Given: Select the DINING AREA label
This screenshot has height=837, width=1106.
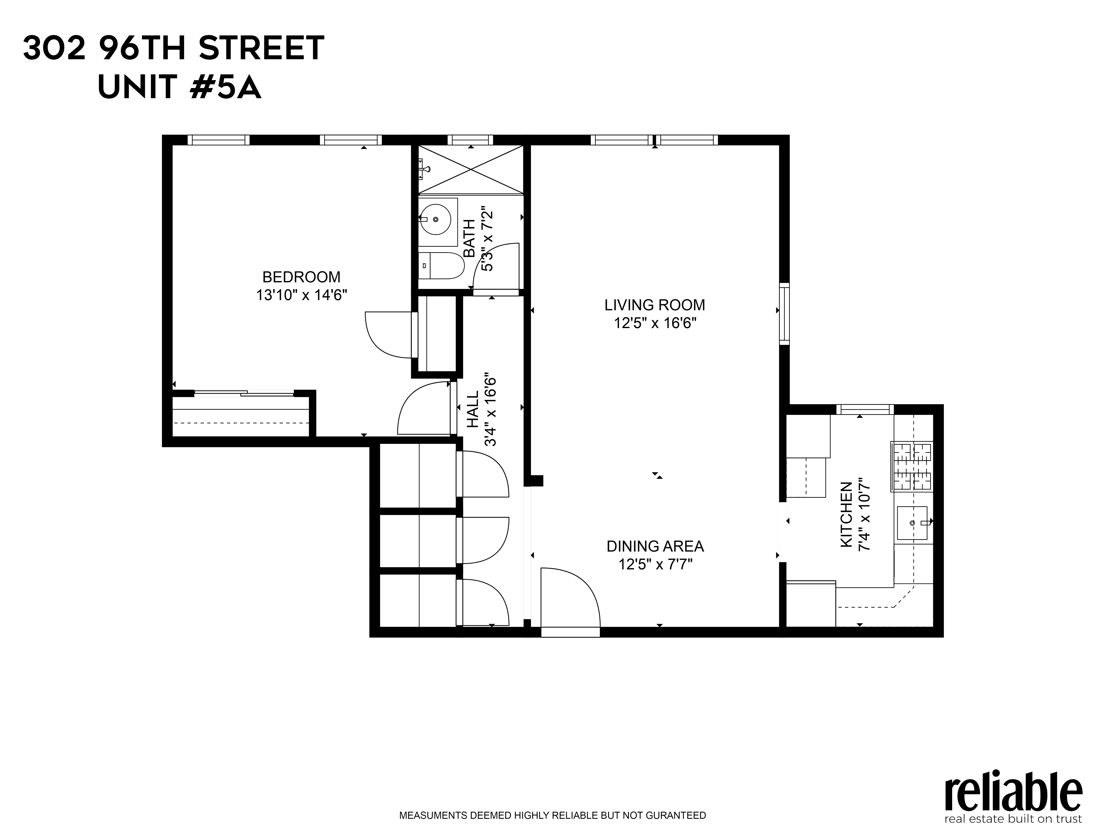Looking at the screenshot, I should point(655,546).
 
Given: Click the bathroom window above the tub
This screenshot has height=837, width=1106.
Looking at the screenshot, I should point(470,140).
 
